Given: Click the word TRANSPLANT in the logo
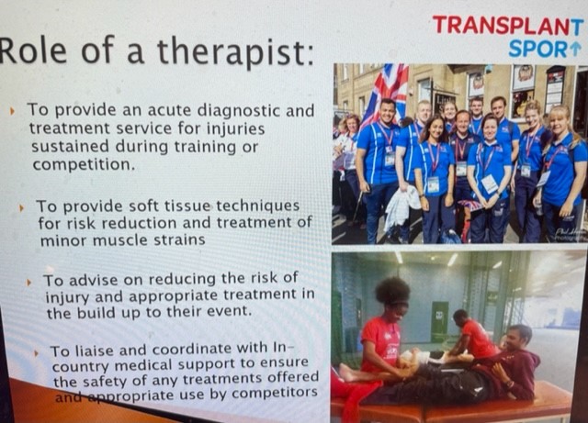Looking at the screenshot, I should click(x=507, y=25).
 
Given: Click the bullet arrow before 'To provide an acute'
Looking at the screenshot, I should click(x=12, y=111).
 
